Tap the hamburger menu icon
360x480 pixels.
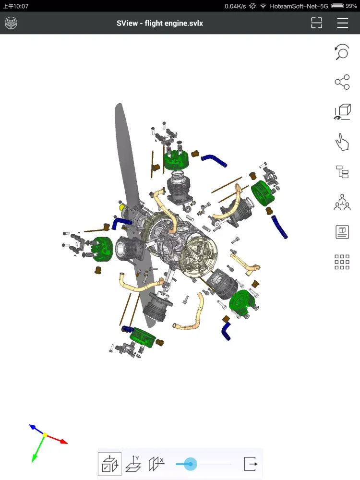(x=343, y=23)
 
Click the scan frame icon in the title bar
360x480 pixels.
(x=316, y=23)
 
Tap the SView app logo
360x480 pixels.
(x=11, y=23)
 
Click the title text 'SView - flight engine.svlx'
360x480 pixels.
(x=160, y=23)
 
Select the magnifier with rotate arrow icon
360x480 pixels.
(x=342, y=52)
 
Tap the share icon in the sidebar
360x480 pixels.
(x=342, y=82)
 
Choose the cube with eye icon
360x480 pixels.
(x=342, y=112)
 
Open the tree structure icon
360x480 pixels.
(x=342, y=172)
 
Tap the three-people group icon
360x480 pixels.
(x=342, y=202)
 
